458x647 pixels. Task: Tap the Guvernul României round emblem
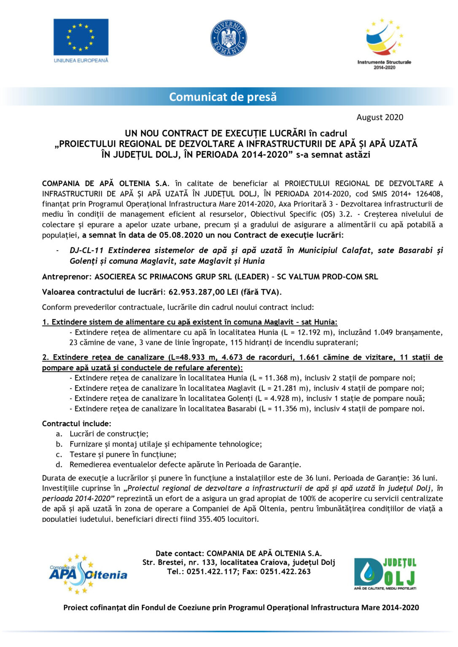coord(229,38)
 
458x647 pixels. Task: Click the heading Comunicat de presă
coord(223,97)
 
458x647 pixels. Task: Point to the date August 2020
coord(380,117)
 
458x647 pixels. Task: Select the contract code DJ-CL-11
coord(86,250)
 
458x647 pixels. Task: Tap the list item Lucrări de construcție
coord(109,434)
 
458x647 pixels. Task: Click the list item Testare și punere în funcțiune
coord(123,455)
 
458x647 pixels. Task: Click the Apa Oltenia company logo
coord(88,574)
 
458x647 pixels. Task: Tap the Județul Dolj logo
coord(385,574)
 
